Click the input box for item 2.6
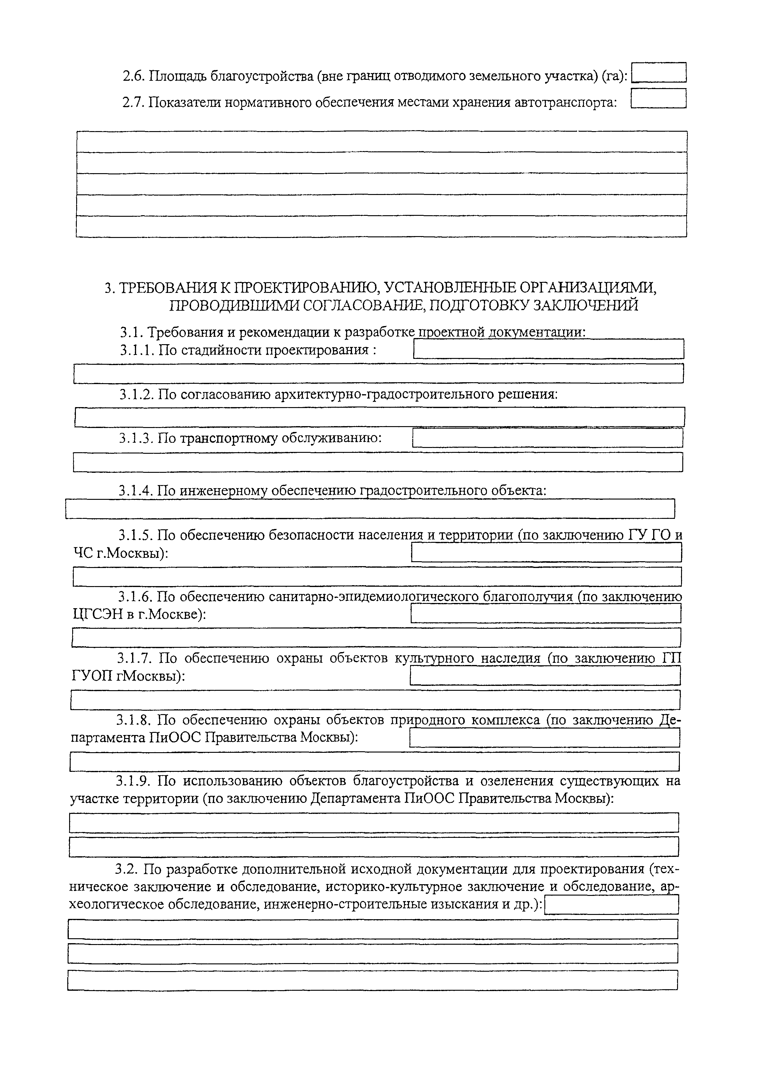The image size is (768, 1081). coord(659,73)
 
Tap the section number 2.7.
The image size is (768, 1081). coord(133,102)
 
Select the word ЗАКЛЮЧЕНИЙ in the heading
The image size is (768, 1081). coord(586,306)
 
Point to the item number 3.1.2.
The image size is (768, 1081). coord(136,394)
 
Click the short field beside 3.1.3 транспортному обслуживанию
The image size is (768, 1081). coord(548,438)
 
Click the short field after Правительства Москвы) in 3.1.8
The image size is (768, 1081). coord(544,738)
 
